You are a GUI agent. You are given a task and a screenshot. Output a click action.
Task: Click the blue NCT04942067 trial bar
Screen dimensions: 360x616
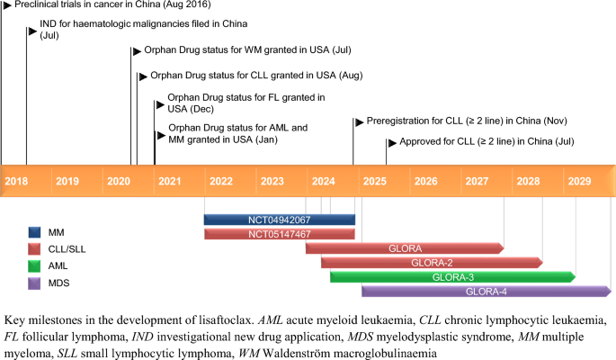(x=279, y=220)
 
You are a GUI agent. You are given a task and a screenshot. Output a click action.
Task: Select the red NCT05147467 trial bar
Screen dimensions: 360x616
(x=279, y=234)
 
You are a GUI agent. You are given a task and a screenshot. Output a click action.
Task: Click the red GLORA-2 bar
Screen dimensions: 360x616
(x=431, y=263)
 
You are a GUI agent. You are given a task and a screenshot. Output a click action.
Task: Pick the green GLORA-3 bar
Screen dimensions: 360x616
(x=451, y=277)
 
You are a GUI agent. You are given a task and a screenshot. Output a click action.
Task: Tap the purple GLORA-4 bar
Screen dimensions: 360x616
(x=486, y=292)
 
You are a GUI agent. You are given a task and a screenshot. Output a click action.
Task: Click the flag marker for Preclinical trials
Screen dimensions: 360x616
(x=6, y=4)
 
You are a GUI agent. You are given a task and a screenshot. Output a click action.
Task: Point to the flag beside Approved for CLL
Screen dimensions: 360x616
(x=390, y=142)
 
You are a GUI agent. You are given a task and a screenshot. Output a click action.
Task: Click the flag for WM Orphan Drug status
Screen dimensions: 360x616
(x=136, y=51)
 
